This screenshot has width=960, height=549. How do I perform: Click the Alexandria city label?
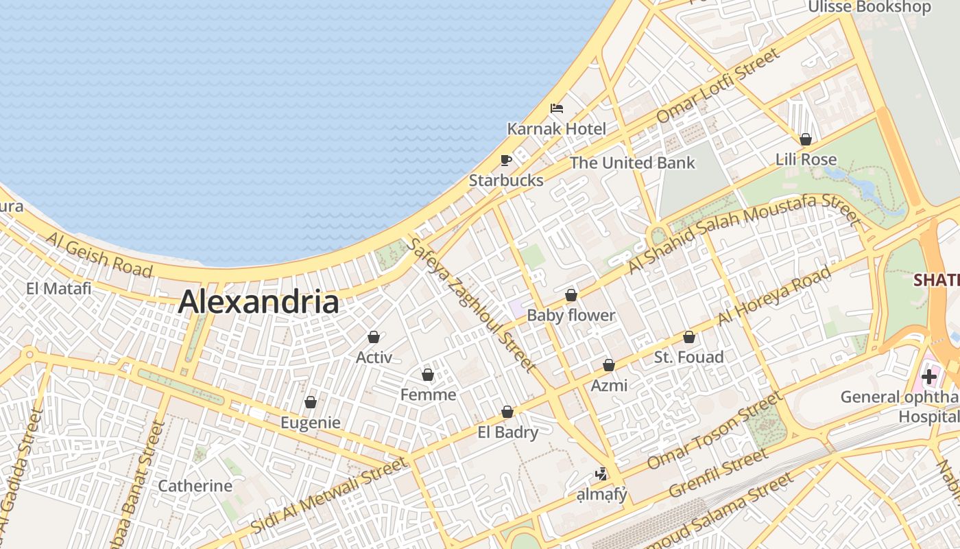[x=259, y=302]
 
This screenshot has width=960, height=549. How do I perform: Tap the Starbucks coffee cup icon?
[x=506, y=161]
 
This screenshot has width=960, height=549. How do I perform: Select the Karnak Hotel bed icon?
[x=557, y=108]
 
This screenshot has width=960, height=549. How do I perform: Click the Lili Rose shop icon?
[x=806, y=140]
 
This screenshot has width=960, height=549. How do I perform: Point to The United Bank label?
[x=632, y=163]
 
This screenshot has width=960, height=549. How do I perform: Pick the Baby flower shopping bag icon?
[x=571, y=296]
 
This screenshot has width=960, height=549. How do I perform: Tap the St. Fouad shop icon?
[x=689, y=338]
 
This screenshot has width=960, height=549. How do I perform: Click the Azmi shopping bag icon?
[x=608, y=366]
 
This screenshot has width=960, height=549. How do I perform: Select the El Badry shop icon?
[x=507, y=412]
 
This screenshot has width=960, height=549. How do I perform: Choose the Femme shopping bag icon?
[x=428, y=375]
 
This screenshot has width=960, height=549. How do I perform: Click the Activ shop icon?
[x=374, y=338]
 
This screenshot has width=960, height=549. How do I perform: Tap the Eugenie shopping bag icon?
[x=311, y=403]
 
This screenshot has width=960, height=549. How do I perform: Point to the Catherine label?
[x=195, y=486]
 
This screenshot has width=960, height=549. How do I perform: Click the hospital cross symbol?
[x=929, y=377]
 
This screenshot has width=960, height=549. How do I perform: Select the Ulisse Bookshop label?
[x=869, y=7]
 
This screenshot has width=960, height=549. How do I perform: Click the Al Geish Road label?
[x=99, y=254]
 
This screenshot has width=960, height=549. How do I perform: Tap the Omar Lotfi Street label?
[x=718, y=85]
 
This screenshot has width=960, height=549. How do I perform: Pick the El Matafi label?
[x=58, y=288]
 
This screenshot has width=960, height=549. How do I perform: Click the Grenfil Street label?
[x=718, y=474]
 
